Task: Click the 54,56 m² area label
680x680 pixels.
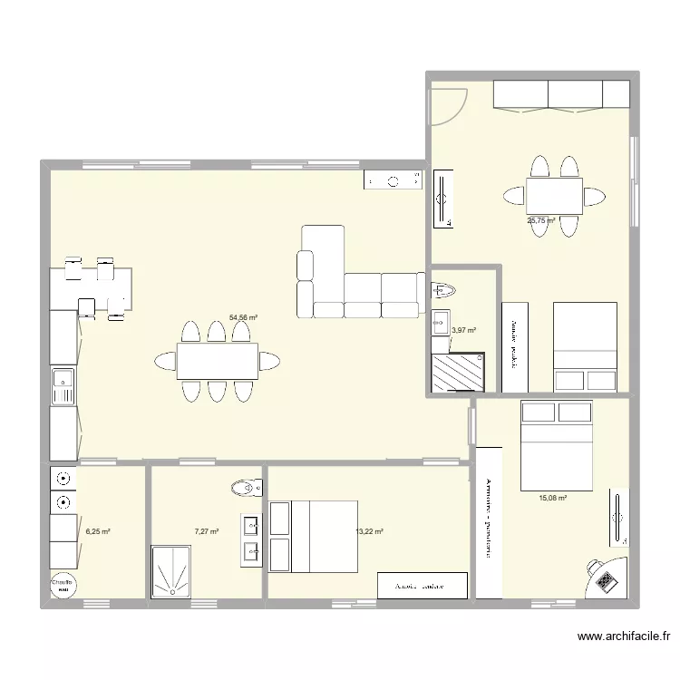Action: point(243,318)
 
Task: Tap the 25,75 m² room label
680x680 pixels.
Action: point(541,220)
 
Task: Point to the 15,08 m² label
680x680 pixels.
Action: point(552,498)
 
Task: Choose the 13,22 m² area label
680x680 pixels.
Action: point(370,532)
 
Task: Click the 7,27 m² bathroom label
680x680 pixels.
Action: point(206,532)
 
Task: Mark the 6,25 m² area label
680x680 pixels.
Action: point(97,532)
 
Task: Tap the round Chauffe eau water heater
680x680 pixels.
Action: point(63,585)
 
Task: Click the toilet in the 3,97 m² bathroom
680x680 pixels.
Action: point(444,291)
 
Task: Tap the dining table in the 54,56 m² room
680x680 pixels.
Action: point(217,362)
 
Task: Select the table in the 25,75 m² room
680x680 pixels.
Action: point(554,195)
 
